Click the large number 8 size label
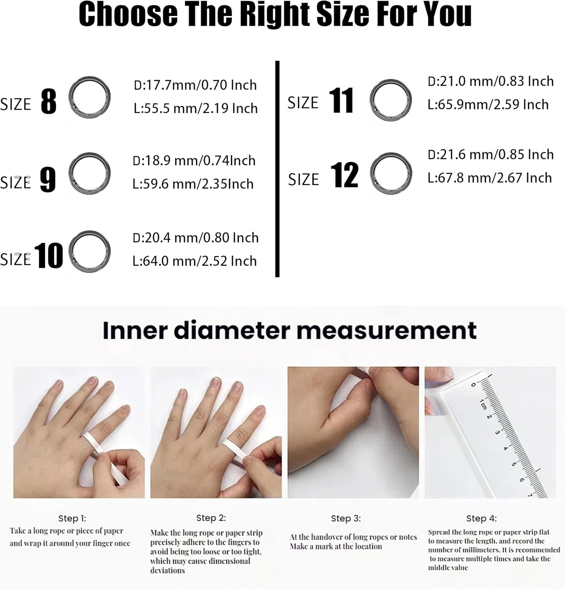click(49, 101)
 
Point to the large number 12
click(344, 175)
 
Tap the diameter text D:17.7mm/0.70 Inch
click(195, 85)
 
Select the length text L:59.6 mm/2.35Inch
click(193, 184)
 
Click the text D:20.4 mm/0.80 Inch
click(196, 238)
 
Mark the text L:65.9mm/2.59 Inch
click(488, 104)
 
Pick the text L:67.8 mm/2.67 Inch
click(490, 178)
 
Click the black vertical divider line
click(277, 169)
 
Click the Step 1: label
click(72, 518)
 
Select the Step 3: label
click(346, 518)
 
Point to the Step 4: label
click(481, 518)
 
